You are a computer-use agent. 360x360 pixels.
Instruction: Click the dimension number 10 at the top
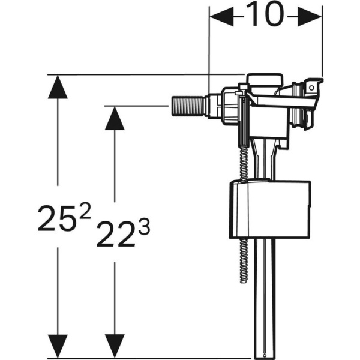point(265,16)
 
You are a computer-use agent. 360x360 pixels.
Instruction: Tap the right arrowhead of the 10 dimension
point(313,17)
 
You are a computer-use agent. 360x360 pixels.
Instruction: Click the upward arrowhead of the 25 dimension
point(58,87)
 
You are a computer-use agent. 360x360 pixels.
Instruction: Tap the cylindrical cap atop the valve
point(265,82)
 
